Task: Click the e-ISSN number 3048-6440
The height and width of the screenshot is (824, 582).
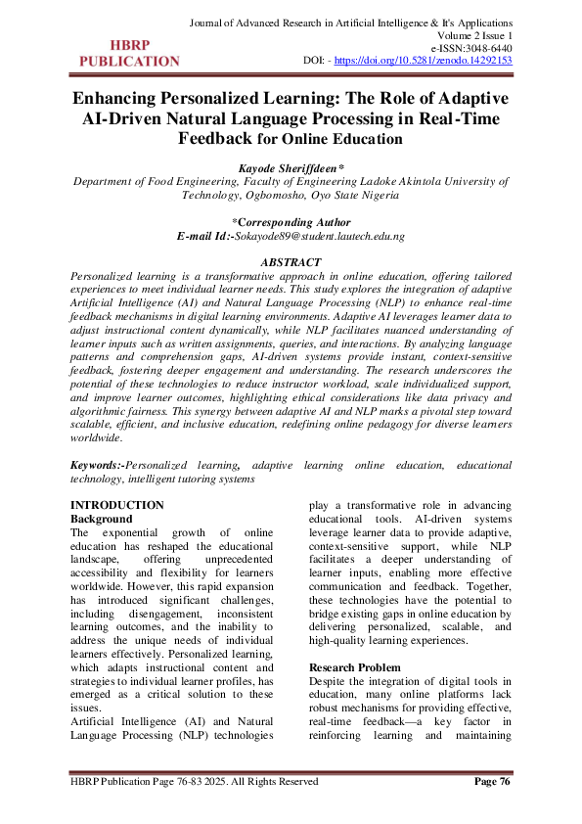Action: click(x=486, y=46)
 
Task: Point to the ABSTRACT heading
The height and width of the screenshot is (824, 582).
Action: click(x=291, y=262)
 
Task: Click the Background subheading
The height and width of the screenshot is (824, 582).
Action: click(x=103, y=518)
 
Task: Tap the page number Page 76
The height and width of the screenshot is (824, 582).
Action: click(x=492, y=782)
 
